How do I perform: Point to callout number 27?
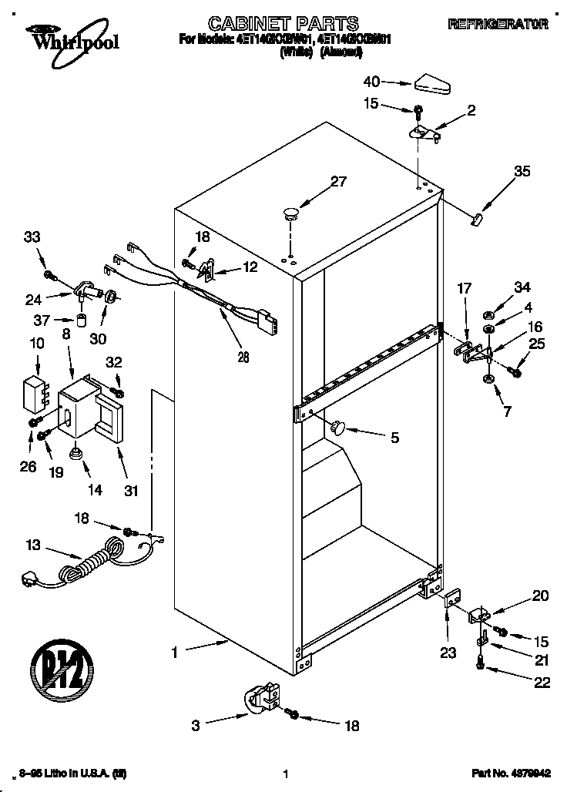pos(338,183)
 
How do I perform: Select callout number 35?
pos(522,172)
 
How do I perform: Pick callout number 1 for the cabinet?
pos(175,652)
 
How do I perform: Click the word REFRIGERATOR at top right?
pos(498,25)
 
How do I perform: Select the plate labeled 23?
pos(452,598)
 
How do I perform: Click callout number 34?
pos(522,288)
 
